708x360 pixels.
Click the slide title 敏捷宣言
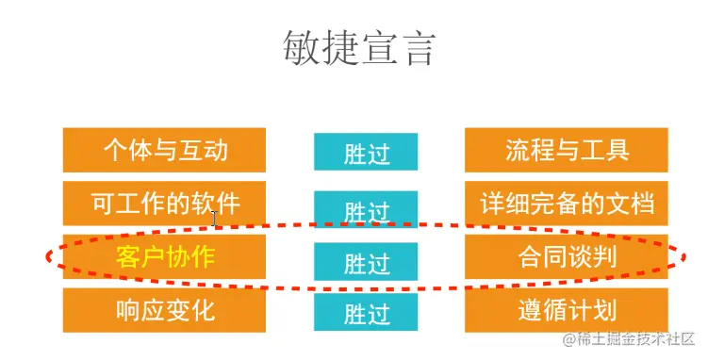pos(359,48)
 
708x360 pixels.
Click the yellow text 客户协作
pos(165,256)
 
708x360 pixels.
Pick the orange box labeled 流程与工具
pos(567,150)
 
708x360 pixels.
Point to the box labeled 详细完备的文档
pos(567,203)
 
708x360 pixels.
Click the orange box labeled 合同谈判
pos(567,256)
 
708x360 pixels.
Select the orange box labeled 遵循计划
pos(567,309)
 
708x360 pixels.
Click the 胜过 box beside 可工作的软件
pos(366,210)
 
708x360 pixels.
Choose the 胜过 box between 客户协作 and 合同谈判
pos(366,261)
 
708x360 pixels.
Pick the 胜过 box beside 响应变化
pos(366,312)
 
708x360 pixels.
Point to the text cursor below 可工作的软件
pos(215,220)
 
